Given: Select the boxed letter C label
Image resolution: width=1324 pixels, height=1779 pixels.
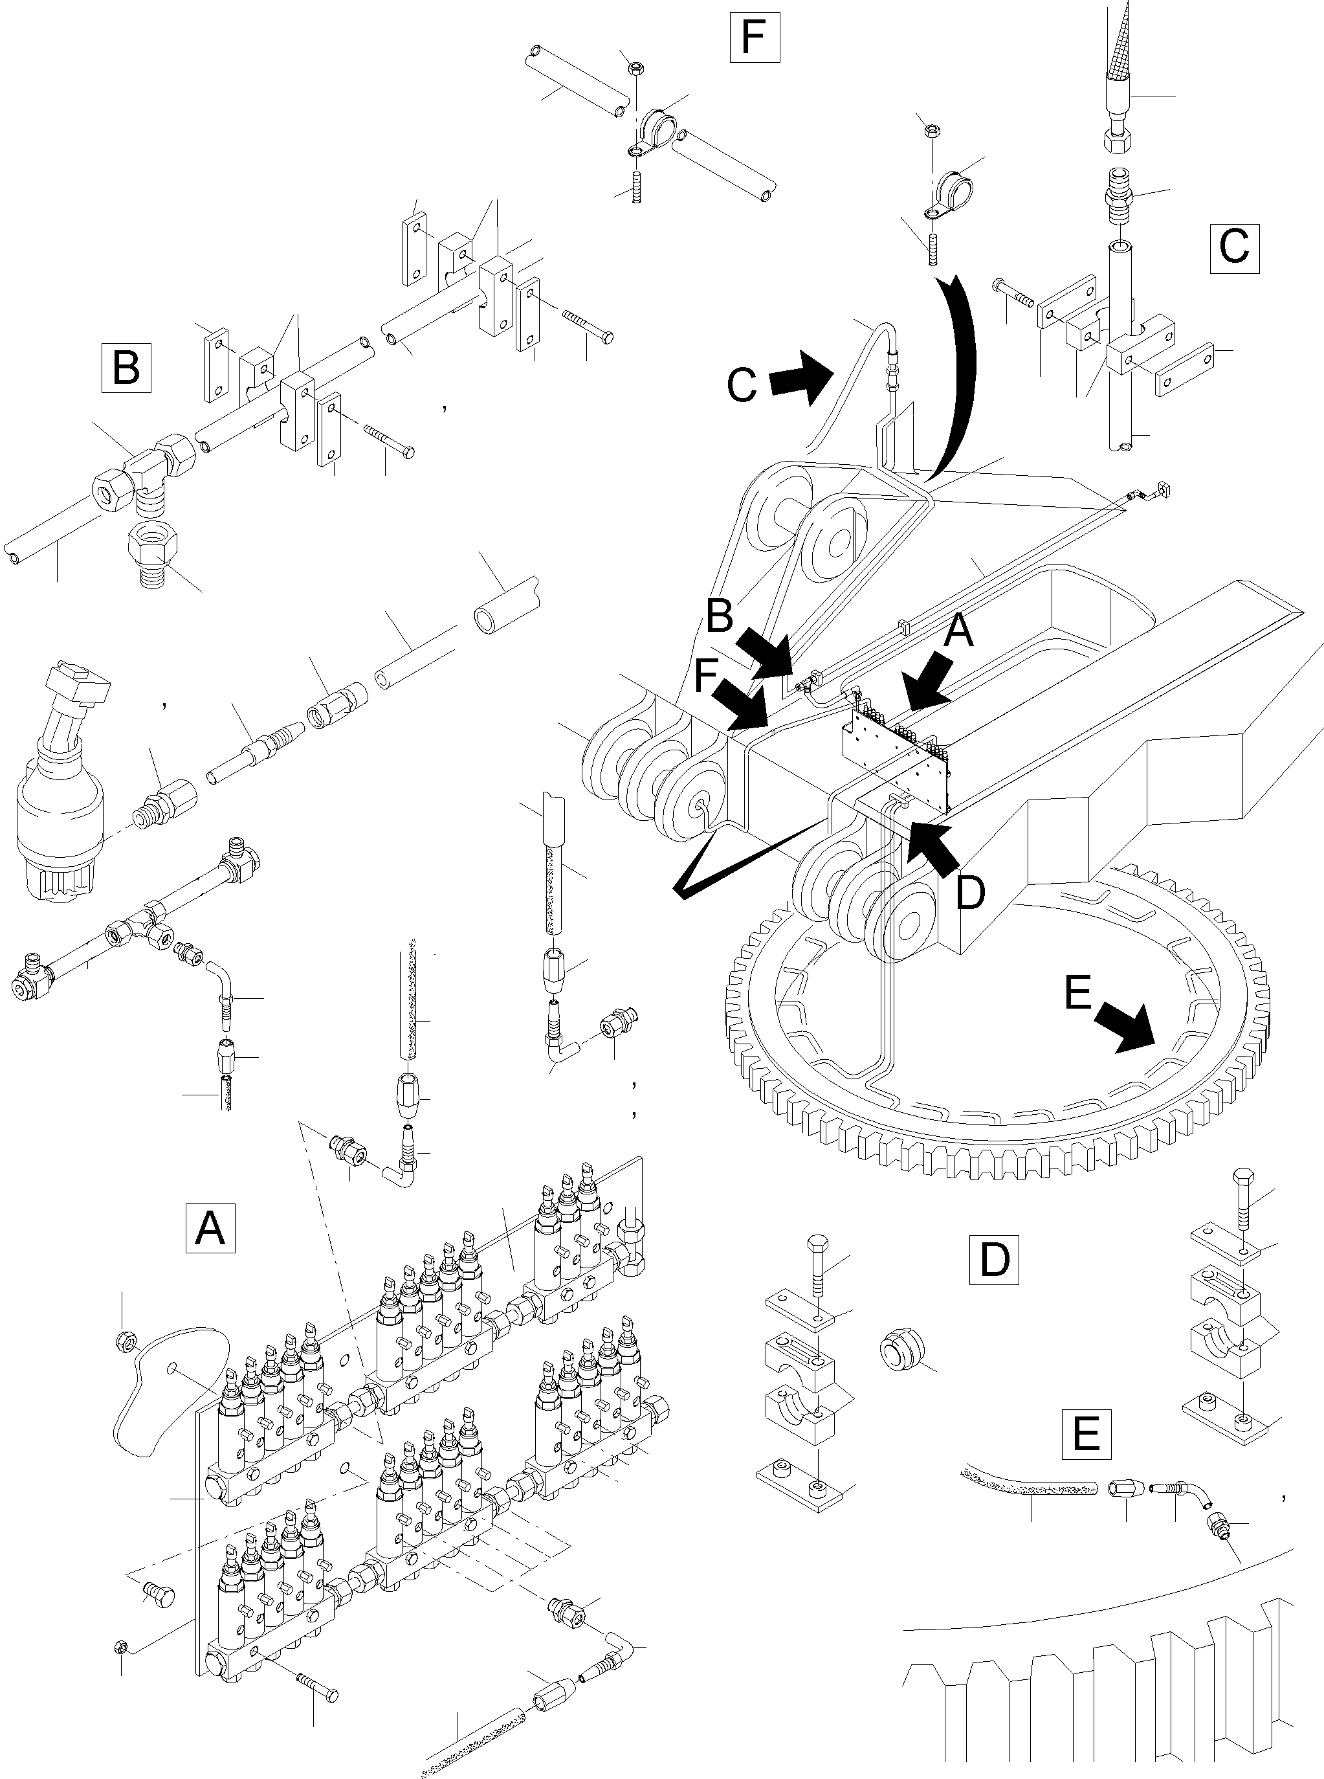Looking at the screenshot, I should (1233, 245).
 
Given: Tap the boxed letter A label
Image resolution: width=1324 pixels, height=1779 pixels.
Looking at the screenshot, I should (210, 1227).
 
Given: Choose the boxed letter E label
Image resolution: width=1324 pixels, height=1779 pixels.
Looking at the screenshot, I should (1086, 1433).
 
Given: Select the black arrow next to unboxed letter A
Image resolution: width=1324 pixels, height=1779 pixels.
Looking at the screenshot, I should (927, 680).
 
